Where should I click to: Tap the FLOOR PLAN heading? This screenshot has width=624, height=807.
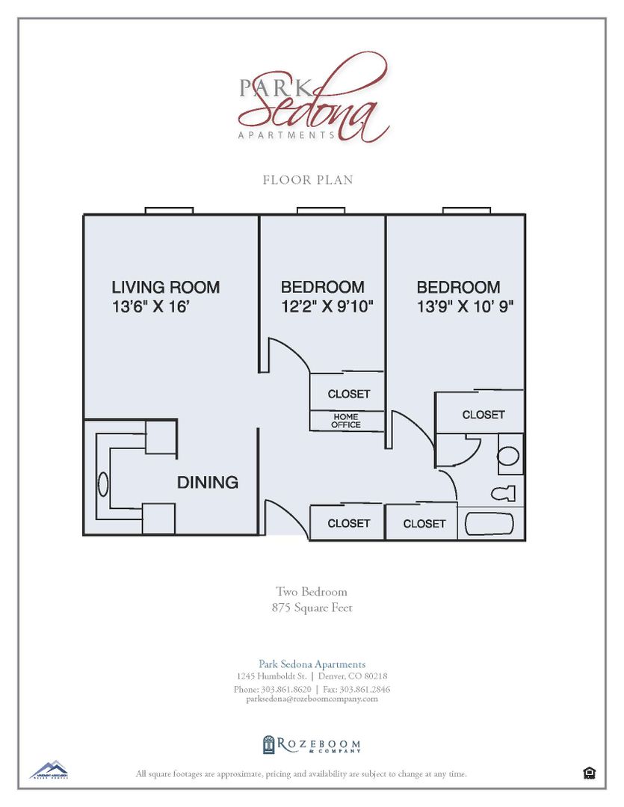coord(308,180)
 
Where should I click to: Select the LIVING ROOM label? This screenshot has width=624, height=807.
coord(165,287)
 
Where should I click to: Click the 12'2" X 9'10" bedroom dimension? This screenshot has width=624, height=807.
coord(326,306)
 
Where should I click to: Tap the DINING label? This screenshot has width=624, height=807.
coord(207,483)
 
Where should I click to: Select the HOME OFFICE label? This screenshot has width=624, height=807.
coord(346,421)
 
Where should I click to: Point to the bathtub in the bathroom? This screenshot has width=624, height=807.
coord(490,523)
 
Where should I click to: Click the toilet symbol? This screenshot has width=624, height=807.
coord(502,493)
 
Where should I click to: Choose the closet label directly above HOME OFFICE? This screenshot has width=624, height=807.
coord(348,394)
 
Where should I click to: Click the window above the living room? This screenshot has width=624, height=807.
coord(169,211)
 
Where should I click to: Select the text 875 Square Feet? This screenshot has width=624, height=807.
coord(312,607)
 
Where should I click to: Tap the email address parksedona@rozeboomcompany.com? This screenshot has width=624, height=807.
coord(312,699)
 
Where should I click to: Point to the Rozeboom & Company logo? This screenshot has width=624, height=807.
coord(312,744)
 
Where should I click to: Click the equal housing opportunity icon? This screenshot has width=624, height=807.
coord(589,773)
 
